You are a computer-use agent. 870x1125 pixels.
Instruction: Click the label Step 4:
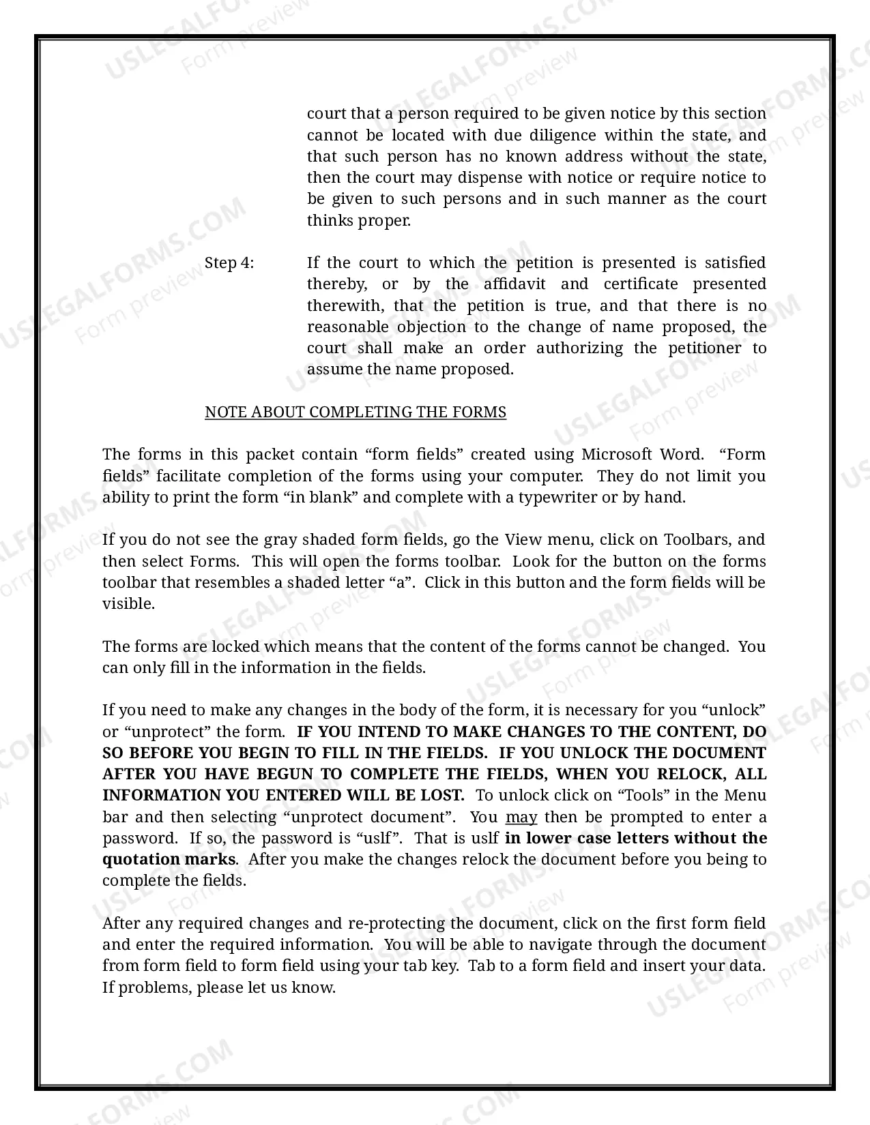pyautogui.click(x=229, y=263)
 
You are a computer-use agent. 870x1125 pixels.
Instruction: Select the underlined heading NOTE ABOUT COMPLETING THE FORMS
pyautogui.click(x=356, y=412)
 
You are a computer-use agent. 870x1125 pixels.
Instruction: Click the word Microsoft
pyautogui.click(x=617, y=455)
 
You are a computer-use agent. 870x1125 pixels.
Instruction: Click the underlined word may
pyautogui.click(x=521, y=817)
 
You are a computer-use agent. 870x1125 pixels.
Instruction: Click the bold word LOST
pyautogui.click(x=442, y=796)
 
